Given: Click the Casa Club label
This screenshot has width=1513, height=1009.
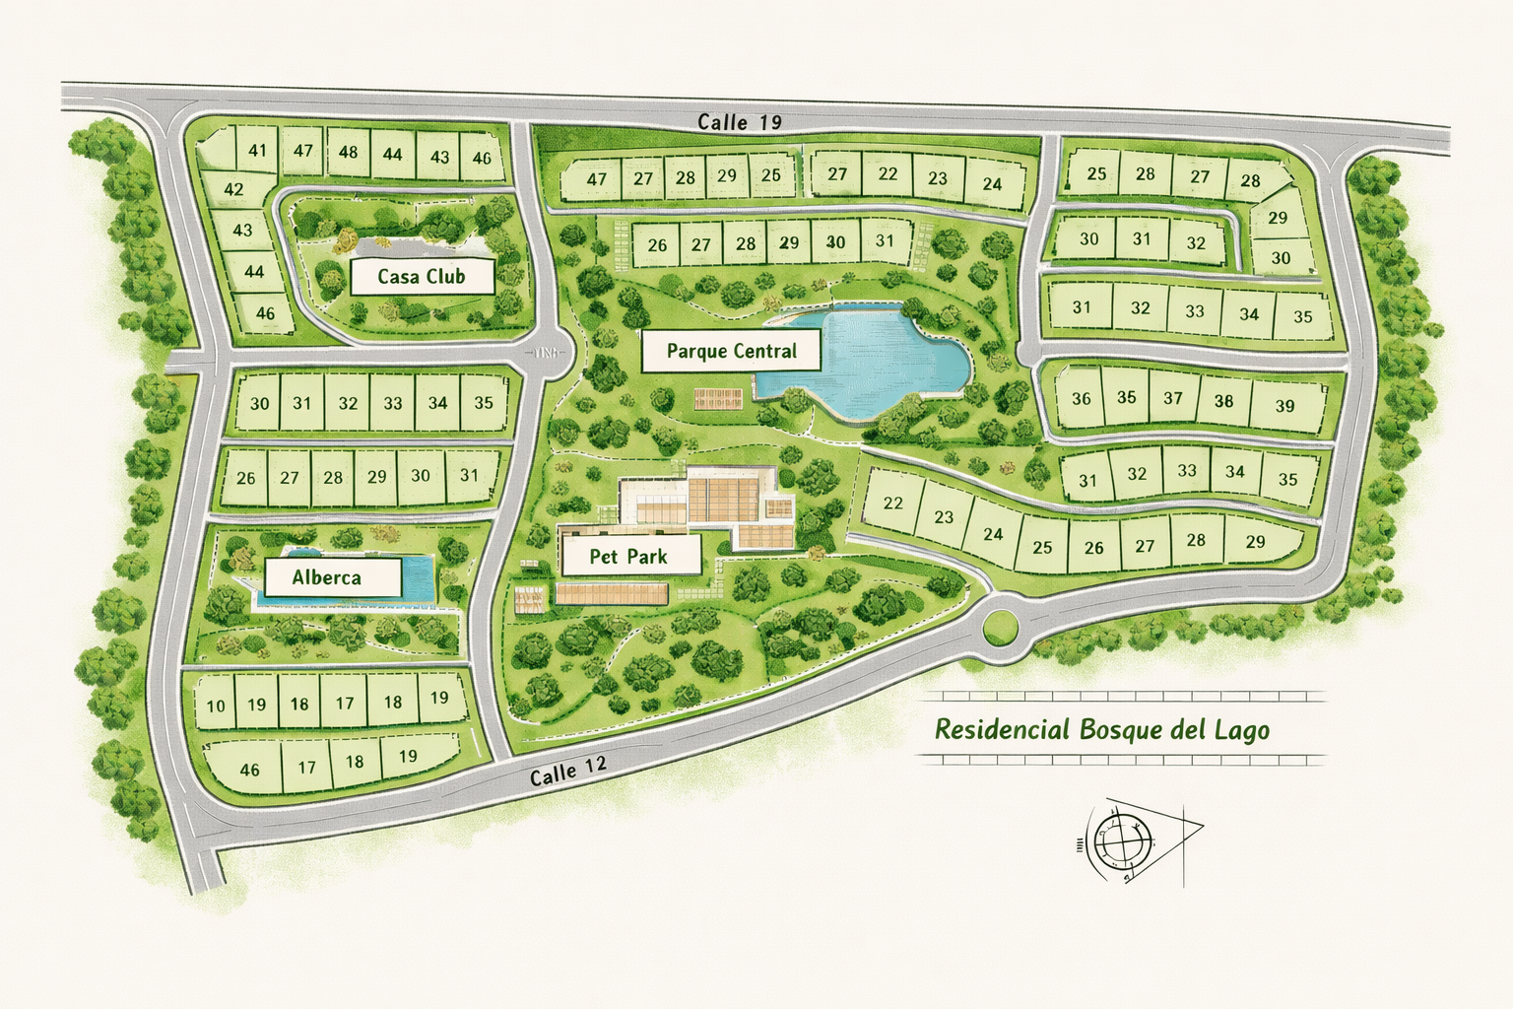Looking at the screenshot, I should click(x=422, y=277).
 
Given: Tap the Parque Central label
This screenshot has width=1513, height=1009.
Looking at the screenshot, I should click(x=731, y=351).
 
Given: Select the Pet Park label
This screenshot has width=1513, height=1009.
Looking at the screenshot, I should click(x=628, y=557).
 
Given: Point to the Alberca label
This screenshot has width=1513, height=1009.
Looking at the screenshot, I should click(x=326, y=577).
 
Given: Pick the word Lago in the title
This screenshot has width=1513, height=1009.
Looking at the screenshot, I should click(x=1241, y=730).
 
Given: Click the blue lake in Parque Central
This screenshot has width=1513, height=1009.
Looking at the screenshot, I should click(x=877, y=360).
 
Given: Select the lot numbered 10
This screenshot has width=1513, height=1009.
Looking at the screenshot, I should click(x=216, y=706).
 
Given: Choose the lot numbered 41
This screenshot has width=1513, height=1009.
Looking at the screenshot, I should click(x=257, y=152).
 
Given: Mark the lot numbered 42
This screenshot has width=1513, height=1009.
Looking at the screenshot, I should click(x=234, y=189).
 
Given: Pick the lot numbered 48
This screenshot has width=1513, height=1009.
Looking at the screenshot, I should click(x=348, y=153).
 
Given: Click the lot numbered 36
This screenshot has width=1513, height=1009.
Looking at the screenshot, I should click(x=1082, y=399).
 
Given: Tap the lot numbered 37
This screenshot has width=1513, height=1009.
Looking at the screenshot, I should click(x=1172, y=398).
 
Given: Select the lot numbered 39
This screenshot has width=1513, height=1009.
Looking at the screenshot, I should click(x=1284, y=406).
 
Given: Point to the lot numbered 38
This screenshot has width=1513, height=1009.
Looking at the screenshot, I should click(x=1223, y=401).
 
